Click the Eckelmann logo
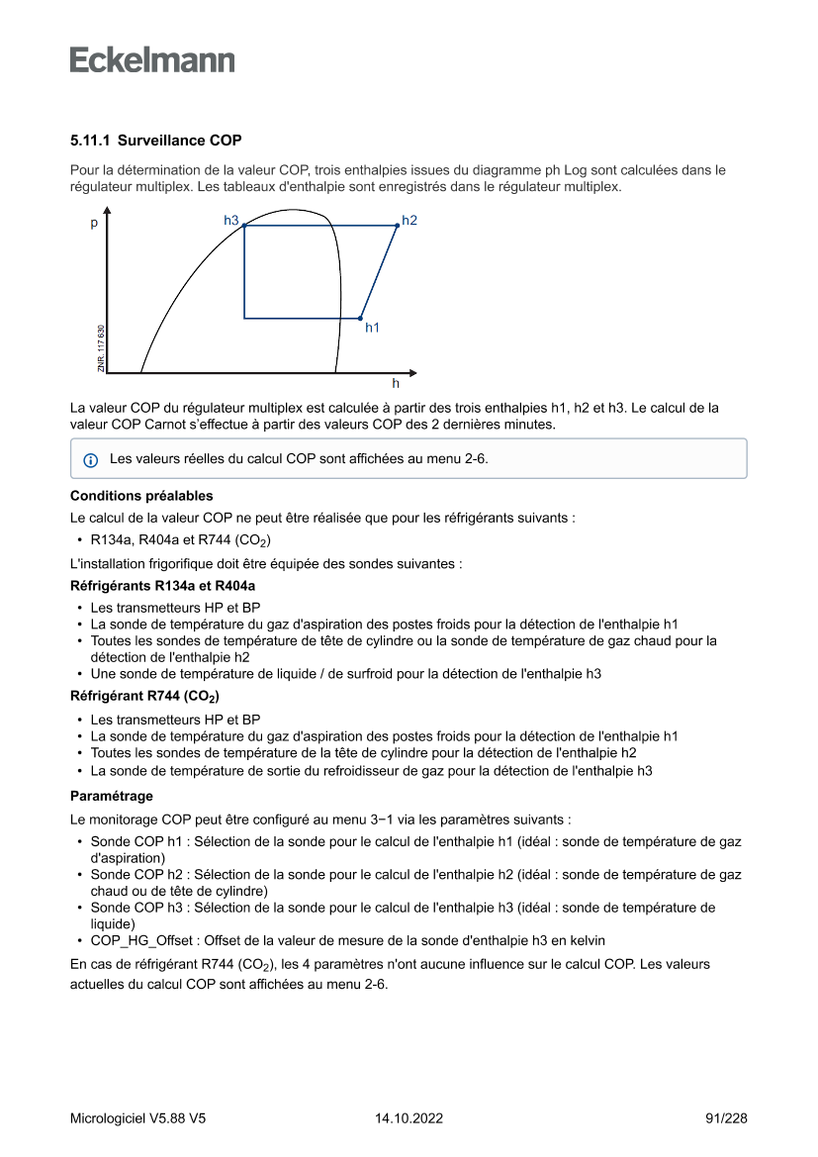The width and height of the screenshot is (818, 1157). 152,60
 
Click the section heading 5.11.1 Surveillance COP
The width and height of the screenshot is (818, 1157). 155,141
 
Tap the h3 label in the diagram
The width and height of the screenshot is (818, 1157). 231,220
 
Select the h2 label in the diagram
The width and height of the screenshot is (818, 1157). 409,220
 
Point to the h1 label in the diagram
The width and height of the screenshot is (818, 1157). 373,327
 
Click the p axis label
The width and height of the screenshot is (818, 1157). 94,224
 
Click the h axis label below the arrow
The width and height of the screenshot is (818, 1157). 396,383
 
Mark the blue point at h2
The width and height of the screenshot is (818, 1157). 397,226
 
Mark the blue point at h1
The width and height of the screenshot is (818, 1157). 360,318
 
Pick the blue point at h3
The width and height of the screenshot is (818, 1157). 244,227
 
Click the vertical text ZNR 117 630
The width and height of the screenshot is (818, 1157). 101,348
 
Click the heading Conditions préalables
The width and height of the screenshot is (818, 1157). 141,496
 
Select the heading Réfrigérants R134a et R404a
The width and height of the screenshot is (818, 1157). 162,586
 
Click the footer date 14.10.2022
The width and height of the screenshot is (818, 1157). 409,1118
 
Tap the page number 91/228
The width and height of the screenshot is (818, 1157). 726,1118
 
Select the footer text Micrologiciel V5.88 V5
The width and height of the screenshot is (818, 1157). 137,1118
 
